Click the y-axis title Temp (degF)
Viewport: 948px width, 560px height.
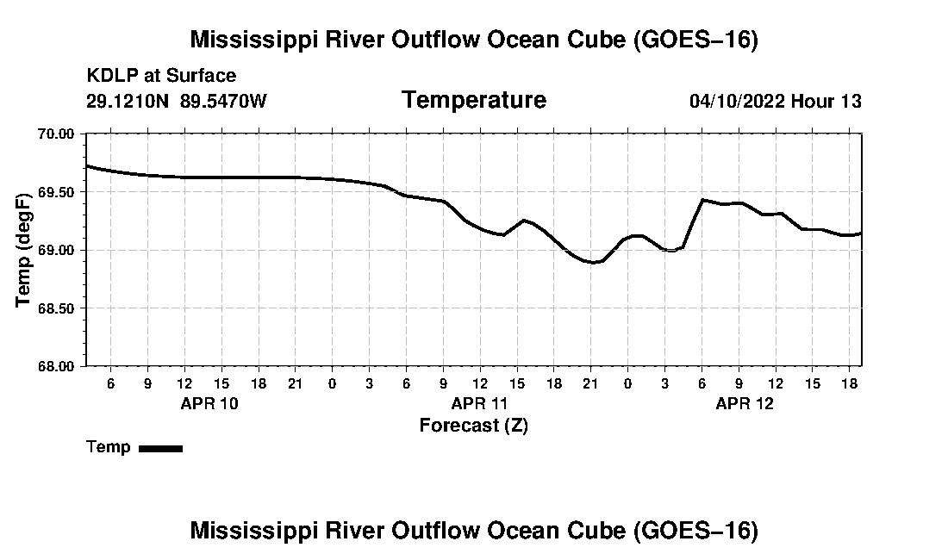(x=23, y=250)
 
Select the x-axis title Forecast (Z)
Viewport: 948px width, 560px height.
(x=474, y=426)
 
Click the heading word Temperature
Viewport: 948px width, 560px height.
(x=474, y=100)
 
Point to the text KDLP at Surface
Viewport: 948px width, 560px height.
(x=161, y=76)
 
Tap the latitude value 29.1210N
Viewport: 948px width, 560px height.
(x=128, y=101)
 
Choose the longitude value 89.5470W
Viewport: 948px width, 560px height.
(x=223, y=101)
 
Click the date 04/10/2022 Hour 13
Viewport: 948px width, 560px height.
(x=776, y=101)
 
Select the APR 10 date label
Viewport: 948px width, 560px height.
(x=209, y=403)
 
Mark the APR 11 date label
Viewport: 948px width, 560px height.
(x=479, y=403)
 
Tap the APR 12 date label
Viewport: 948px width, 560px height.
(x=745, y=403)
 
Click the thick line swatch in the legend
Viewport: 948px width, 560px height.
(x=161, y=448)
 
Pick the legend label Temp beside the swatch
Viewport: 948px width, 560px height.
(x=109, y=447)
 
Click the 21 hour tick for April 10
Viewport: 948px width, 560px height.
(x=295, y=383)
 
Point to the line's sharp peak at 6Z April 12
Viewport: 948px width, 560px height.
(x=702, y=199)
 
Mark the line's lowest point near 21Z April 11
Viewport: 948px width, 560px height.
(x=593, y=262)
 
